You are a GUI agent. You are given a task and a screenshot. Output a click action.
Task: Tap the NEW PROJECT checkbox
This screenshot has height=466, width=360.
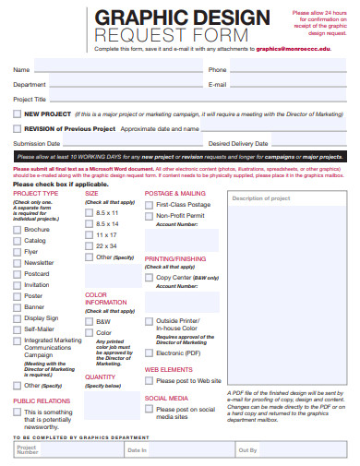(17, 114)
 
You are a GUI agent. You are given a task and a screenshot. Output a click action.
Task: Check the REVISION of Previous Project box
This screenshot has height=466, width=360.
(17, 129)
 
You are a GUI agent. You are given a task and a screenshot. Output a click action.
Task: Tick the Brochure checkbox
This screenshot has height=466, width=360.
(17, 229)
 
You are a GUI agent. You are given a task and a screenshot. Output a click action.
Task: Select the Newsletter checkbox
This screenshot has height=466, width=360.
(17, 263)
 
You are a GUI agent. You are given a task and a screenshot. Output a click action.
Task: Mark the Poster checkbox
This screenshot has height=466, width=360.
(17, 296)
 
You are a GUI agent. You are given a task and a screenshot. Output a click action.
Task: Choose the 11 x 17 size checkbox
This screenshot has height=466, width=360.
(89, 235)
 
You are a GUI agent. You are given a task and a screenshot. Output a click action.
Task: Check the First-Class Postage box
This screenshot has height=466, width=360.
(150, 204)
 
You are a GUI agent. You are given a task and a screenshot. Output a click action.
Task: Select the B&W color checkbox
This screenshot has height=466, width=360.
(89, 321)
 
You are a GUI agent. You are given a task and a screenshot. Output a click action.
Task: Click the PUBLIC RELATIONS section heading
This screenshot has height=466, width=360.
(41, 401)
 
